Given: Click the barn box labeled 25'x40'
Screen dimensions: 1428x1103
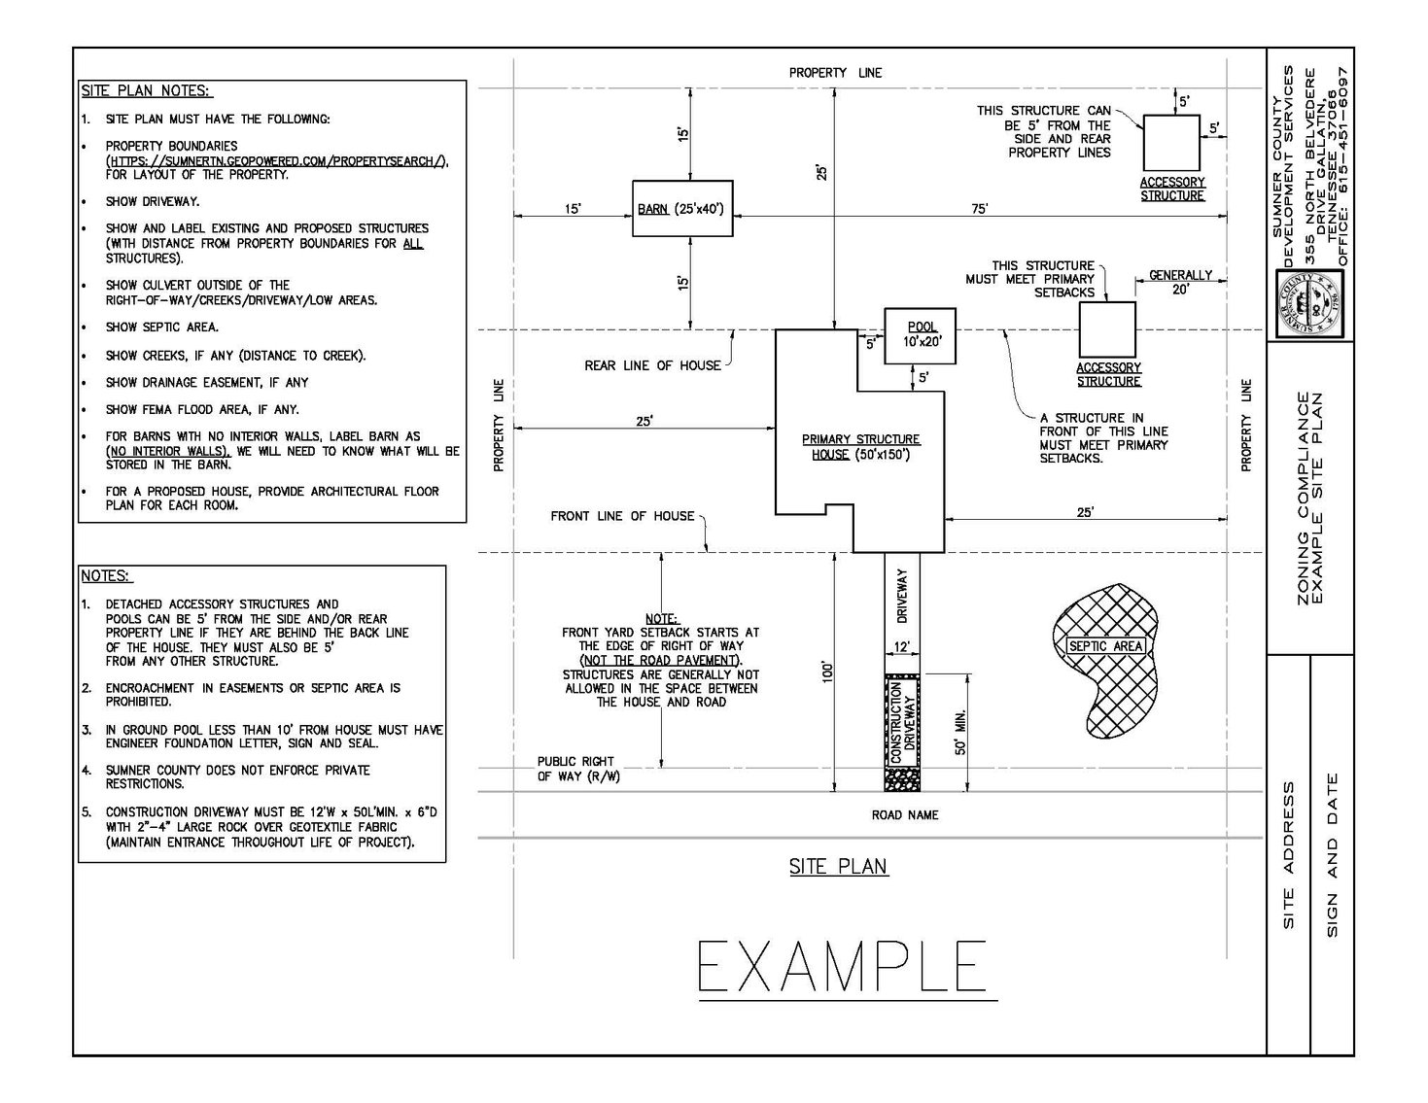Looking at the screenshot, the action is (x=682, y=208).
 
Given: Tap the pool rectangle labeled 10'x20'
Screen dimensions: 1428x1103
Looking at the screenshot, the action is (x=920, y=335).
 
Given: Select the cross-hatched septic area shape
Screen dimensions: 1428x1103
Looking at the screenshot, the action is (x=1105, y=660).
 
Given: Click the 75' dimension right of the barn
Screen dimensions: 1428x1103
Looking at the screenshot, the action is (x=979, y=209).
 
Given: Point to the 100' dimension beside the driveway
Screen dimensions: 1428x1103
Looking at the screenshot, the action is (x=827, y=672).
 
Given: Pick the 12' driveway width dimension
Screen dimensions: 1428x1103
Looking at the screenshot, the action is (x=902, y=647).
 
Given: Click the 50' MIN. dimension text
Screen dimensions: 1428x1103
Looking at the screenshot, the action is (x=960, y=732).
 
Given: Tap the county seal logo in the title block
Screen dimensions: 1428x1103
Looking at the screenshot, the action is (x=1309, y=304).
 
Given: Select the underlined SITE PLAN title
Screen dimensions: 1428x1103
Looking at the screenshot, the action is (x=838, y=867).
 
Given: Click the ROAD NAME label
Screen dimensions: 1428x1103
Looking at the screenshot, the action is (x=905, y=815).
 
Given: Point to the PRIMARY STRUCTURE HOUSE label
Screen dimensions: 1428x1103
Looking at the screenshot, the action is (x=860, y=447).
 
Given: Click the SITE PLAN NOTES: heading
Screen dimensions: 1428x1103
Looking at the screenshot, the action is (x=146, y=90).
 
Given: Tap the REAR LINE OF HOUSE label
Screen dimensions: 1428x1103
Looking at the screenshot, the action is (x=652, y=366).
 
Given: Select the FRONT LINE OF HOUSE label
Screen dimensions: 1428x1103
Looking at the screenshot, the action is (x=622, y=516).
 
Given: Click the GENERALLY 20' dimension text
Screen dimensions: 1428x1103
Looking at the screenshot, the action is (x=1180, y=282).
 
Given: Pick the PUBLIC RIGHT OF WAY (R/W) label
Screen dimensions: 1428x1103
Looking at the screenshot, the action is (x=578, y=769).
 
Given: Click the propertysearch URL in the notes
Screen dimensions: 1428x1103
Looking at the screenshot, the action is (x=277, y=161).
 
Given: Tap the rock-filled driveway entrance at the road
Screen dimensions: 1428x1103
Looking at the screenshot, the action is (x=902, y=779).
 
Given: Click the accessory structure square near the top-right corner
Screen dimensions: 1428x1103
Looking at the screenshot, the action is (x=1171, y=143).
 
